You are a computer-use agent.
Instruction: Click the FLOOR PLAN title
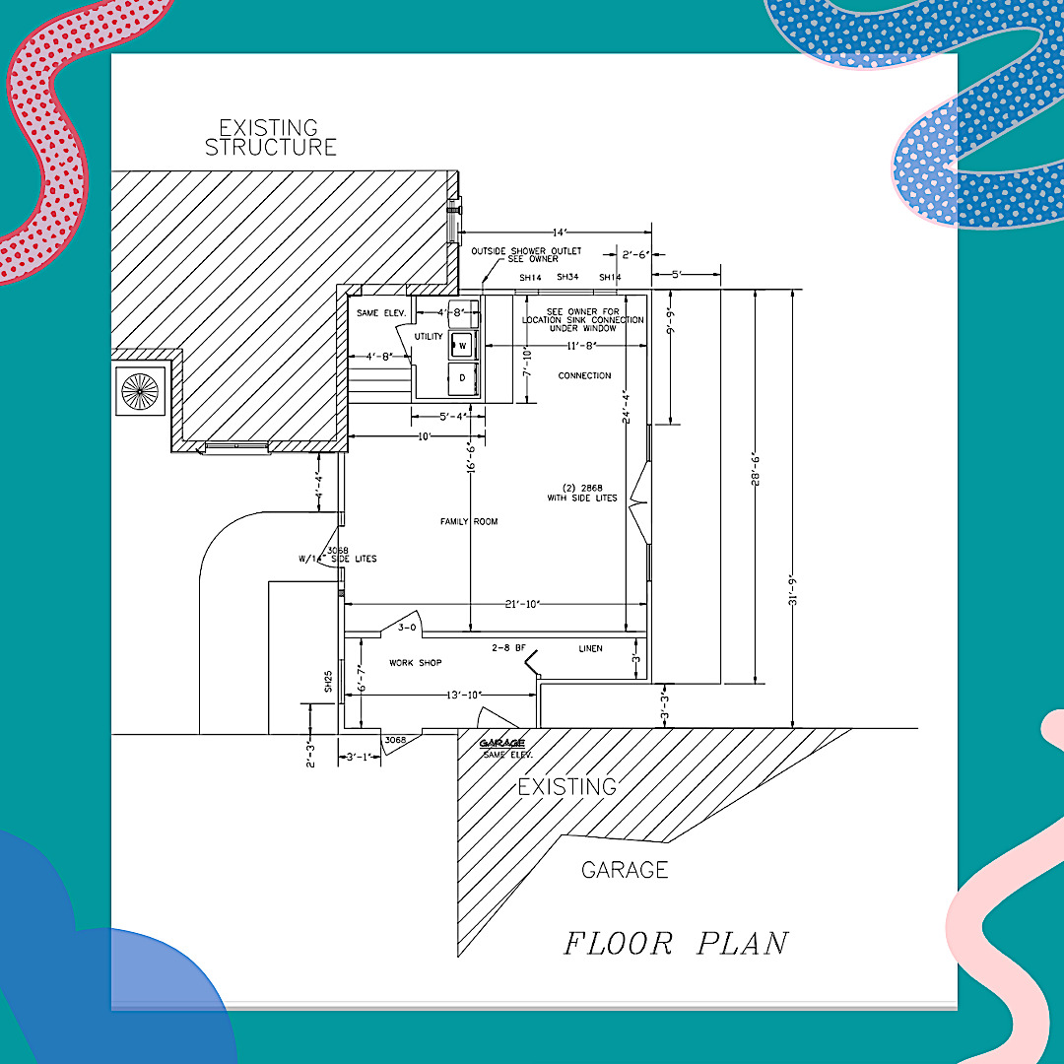pos(676,943)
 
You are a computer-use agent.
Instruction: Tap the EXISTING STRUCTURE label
pos(270,138)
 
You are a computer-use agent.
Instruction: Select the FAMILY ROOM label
pos(469,521)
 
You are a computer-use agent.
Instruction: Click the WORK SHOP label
pos(415,663)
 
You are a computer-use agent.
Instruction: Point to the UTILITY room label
pos(429,337)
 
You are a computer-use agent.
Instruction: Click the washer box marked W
pos(462,346)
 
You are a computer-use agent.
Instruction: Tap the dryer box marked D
pos(462,378)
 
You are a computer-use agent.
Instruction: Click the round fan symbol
pos(139,391)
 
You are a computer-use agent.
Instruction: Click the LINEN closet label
pos(590,648)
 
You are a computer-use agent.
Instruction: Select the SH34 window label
pos(566,278)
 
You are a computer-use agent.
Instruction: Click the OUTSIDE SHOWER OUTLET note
pos(515,254)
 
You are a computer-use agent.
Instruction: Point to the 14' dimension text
pos(559,233)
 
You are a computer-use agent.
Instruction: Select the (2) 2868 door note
pos(582,493)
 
